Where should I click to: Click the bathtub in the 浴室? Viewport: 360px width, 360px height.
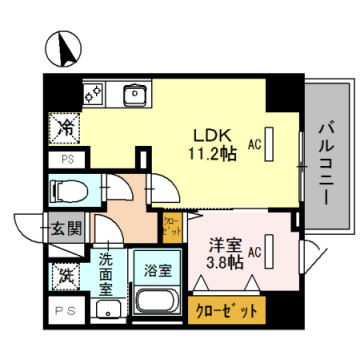155,302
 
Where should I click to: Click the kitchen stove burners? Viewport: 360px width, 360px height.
95,95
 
